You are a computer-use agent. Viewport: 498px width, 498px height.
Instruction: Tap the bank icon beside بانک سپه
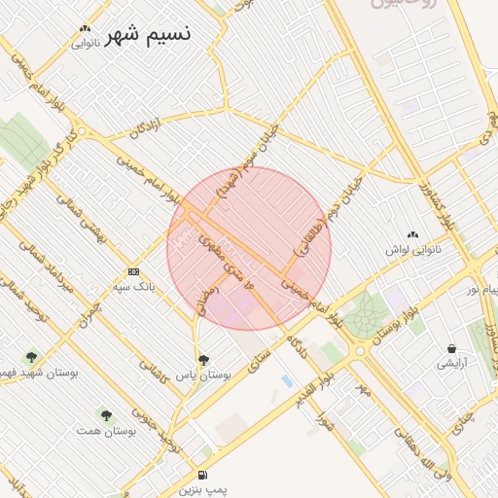click(x=133, y=271)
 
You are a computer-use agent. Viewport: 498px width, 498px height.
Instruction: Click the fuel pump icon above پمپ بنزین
click(x=201, y=475)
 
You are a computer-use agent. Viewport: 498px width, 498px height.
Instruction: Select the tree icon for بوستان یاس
click(x=202, y=359)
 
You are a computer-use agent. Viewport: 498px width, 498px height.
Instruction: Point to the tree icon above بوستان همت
click(x=106, y=414)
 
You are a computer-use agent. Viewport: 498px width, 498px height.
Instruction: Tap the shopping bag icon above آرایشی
click(x=451, y=347)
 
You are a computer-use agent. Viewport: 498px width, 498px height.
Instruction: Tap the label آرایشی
click(x=451, y=363)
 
